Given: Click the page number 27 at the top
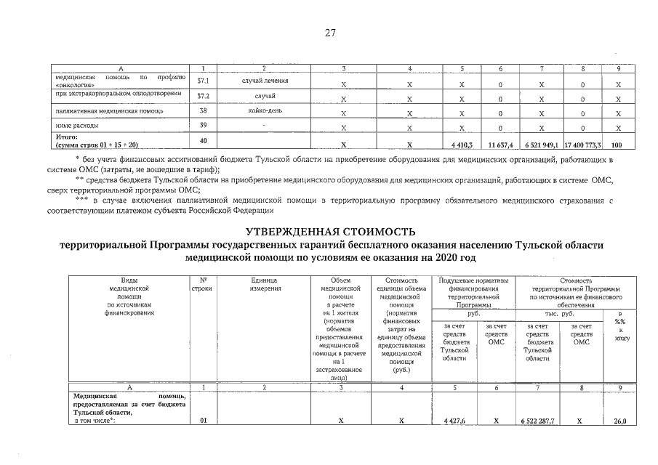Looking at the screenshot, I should pos(329,33).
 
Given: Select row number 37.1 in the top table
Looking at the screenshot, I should pos(204,82).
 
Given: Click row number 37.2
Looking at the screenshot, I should pos(204,97).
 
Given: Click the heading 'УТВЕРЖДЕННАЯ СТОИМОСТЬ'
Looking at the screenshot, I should pos(329,231).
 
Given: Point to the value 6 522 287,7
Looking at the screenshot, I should pos(539,421).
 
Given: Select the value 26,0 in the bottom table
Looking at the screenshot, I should pos(619,421).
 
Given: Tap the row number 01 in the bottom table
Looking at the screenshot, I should pos(204,421).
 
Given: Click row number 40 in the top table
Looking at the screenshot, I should pos(204,140).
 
